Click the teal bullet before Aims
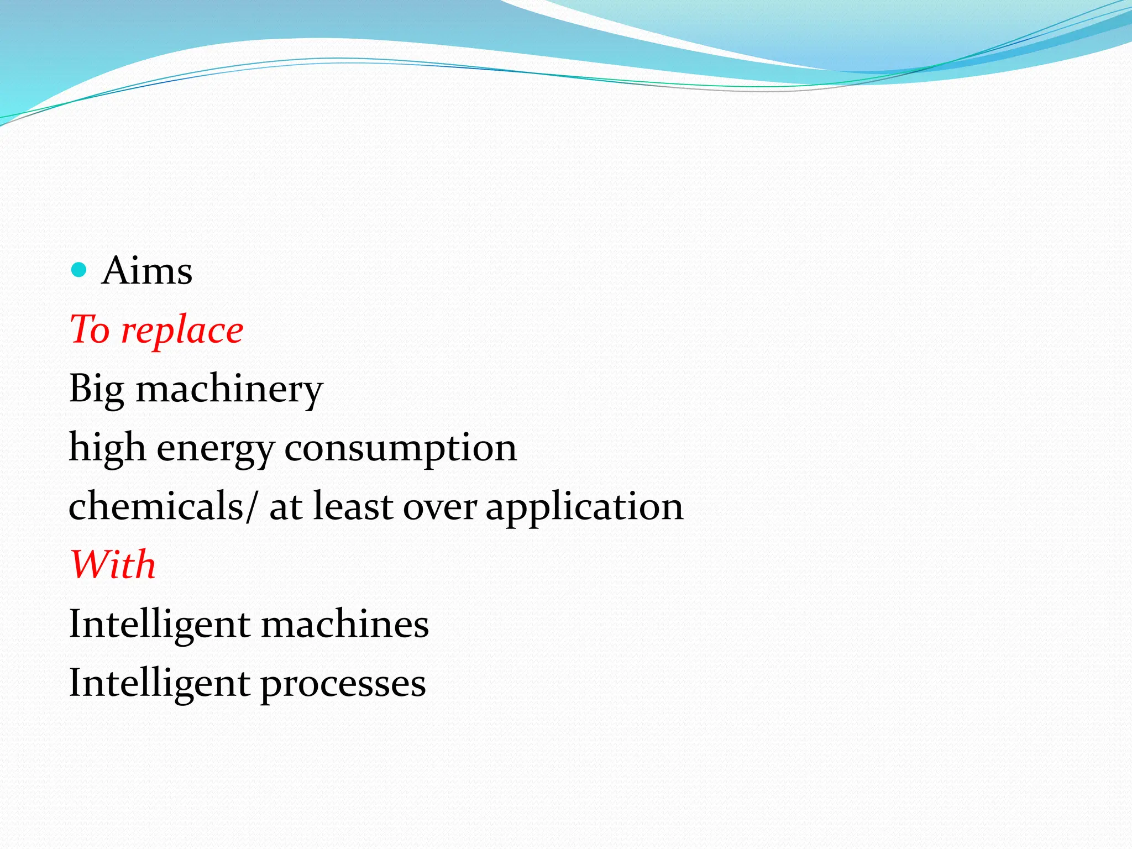[x=80, y=270]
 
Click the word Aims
[x=147, y=271]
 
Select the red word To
[x=90, y=330]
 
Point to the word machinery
[x=229, y=390]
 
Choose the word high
[x=107, y=448]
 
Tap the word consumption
[x=400, y=449]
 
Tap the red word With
[x=113, y=565]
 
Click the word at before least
[x=286, y=507]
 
